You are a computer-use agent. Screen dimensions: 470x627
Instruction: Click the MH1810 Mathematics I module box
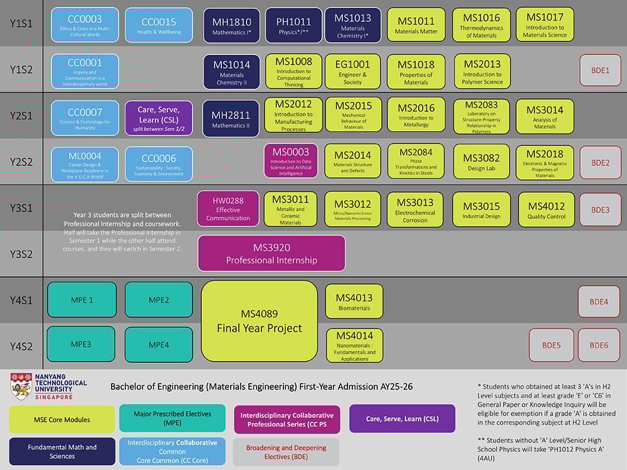pyautogui.click(x=231, y=25)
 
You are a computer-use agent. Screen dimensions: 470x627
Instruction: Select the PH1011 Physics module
pyautogui.click(x=293, y=25)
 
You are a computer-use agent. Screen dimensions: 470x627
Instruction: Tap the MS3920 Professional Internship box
pyautogui.click(x=271, y=253)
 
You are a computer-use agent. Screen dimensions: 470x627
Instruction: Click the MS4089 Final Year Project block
pyautogui.click(x=259, y=321)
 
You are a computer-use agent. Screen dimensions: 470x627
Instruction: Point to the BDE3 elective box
pyautogui.click(x=600, y=209)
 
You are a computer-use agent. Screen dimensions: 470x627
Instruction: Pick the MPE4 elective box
pyautogui.click(x=159, y=345)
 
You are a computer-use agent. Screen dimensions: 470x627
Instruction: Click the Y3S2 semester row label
pyautogui.click(x=21, y=254)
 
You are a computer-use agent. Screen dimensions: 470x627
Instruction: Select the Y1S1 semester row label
pyautogui.click(x=21, y=23)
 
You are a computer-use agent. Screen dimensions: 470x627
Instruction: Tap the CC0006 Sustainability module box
pyautogui.click(x=159, y=164)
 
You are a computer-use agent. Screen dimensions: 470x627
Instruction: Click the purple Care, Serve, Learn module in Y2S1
pyautogui.click(x=159, y=117)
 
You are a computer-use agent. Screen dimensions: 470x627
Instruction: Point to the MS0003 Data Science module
pyautogui.click(x=291, y=161)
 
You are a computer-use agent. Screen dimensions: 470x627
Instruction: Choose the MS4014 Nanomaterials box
pyautogui.click(x=354, y=345)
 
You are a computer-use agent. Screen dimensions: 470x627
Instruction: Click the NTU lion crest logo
pyautogui.click(x=21, y=387)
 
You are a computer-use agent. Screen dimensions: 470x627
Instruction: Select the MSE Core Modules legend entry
pyautogui.click(x=61, y=419)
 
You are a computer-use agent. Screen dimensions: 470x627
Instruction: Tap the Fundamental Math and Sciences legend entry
pyautogui.click(x=61, y=451)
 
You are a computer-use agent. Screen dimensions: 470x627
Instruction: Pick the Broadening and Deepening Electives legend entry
pyautogui.click(x=286, y=452)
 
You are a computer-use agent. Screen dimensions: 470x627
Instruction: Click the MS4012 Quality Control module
pyautogui.click(x=546, y=209)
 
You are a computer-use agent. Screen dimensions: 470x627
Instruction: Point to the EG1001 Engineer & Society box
pyautogui.click(x=352, y=71)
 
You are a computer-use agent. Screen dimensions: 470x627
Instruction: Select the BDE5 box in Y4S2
pyautogui.click(x=551, y=345)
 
